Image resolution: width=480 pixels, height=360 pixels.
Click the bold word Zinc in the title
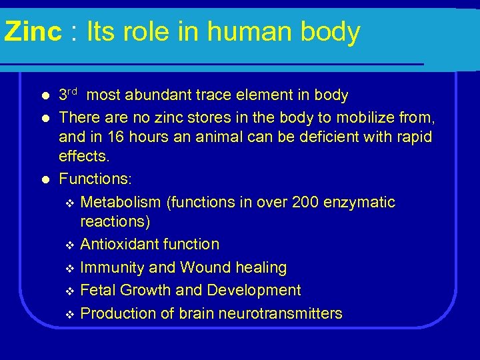[x=32, y=32]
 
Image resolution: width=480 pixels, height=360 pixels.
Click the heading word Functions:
[x=95, y=179]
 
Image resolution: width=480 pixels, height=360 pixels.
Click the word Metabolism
[x=121, y=202]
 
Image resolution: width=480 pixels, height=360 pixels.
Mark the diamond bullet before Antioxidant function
[x=71, y=245]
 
